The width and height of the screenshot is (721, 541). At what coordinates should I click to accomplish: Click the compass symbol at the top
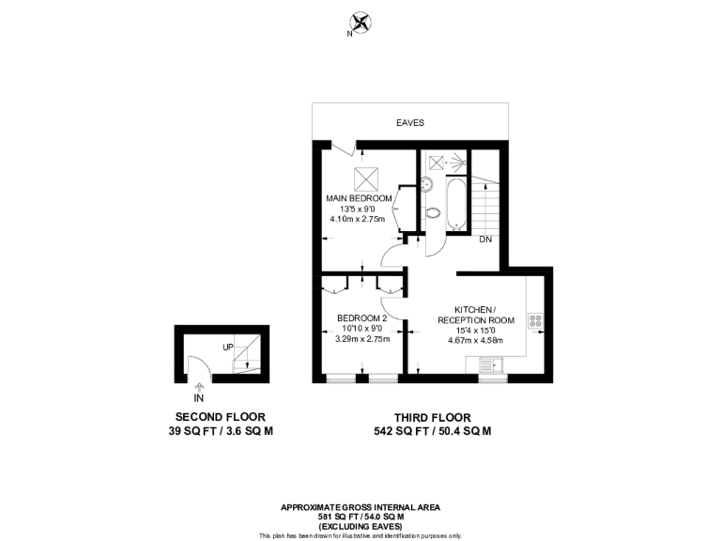(x=360, y=22)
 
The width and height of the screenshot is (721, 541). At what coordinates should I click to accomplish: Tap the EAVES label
(x=410, y=123)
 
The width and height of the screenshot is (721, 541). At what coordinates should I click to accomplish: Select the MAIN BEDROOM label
(x=360, y=198)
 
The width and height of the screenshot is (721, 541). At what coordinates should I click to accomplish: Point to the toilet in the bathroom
(x=433, y=213)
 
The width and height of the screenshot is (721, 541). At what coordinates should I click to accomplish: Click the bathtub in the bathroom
(x=457, y=205)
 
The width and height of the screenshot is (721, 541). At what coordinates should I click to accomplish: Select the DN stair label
(x=485, y=240)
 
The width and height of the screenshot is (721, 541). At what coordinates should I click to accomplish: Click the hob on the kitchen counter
(x=536, y=320)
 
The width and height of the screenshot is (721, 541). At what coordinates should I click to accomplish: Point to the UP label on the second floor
(x=228, y=348)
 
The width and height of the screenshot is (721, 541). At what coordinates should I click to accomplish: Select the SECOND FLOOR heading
(x=221, y=416)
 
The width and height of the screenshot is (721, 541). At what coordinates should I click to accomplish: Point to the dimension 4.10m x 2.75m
(x=360, y=219)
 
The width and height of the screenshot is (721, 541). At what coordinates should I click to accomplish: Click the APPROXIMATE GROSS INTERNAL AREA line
(x=360, y=507)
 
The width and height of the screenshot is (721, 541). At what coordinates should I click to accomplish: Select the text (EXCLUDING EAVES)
(x=360, y=526)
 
